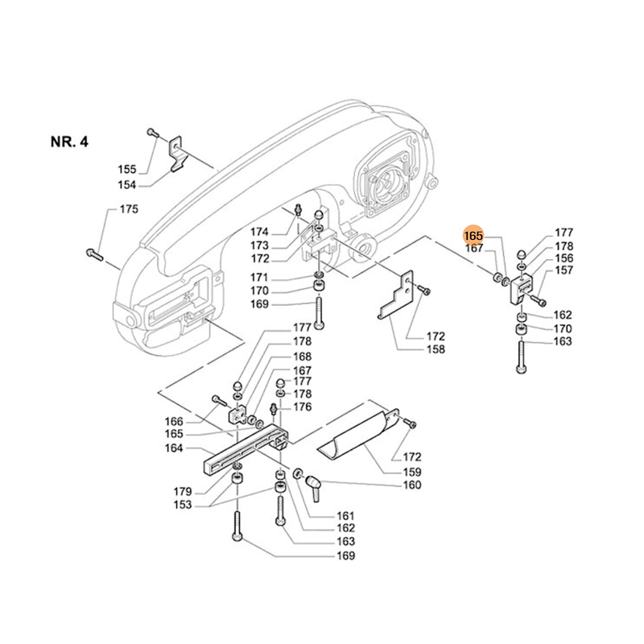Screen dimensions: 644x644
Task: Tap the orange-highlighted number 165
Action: [x=473, y=235]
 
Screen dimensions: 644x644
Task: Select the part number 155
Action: [x=127, y=169]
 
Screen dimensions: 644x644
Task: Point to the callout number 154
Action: [x=127, y=184]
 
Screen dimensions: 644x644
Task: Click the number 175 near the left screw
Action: [x=129, y=209]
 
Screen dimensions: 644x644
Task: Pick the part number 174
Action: [x=258, y=232]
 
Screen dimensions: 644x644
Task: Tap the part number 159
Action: [x=411, y=470]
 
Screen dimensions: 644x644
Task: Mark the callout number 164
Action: [x=173, y=448]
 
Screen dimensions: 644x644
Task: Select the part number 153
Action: [x=182, y=505]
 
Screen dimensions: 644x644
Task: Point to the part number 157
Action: [x=563, y=271]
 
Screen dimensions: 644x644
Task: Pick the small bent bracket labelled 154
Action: [x=178, y=157]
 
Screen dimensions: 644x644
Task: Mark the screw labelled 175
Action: [x=94, y=255]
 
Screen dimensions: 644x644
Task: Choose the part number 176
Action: [x=303, y=407]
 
